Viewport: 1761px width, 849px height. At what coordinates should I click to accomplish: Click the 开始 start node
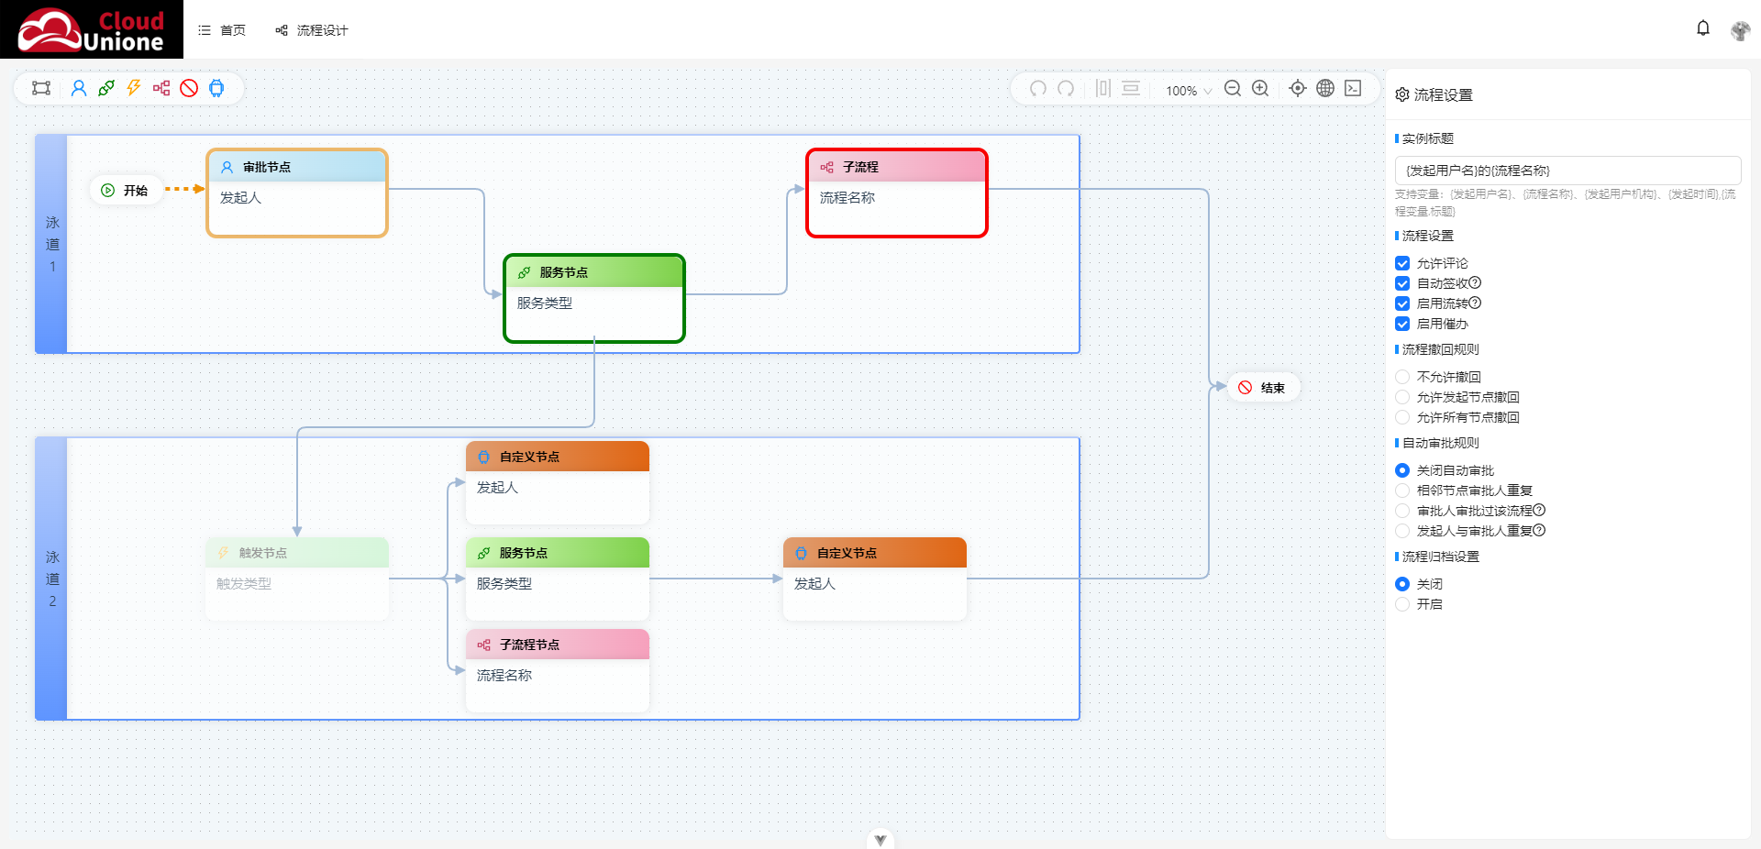click(x=125, y=191)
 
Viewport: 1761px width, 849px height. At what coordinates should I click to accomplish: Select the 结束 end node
click(x=1262, y=388)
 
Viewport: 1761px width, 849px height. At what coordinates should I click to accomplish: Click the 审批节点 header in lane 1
click(x=297, y=167)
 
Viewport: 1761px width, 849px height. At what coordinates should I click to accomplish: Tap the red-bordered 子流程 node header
click(x=897, y=167)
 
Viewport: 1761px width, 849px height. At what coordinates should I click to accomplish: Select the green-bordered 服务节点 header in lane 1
click(x=594, y=272)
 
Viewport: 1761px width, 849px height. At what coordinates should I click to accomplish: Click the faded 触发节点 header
click(x=297, y=553)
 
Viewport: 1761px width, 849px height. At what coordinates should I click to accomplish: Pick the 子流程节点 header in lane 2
click(x=558, y=645)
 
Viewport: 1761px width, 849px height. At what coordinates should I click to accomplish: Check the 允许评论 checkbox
click(x=1402, y=263)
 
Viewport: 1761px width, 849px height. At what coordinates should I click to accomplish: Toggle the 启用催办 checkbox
click(x=1402, y=324)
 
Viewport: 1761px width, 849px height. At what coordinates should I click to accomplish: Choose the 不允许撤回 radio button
click(x=1402, y=377)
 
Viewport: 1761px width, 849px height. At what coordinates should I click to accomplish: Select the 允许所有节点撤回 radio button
click(x=1402, y=417)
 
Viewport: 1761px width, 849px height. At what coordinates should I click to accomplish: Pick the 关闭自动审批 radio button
click(x=1402, y=470)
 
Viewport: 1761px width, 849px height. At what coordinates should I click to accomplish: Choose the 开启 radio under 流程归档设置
click(x=1402, y=604)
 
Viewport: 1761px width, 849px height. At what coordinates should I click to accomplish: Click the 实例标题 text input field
click(x=1567, y=171)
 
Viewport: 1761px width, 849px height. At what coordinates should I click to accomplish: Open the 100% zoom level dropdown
click(x=1189, y=91)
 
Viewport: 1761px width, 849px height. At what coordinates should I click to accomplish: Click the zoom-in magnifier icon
click(x=1260, y=88)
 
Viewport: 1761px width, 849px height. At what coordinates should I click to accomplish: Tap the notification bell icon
click(x=1703, y=28)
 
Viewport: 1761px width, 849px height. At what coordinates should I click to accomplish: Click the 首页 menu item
click(x=222, y=30)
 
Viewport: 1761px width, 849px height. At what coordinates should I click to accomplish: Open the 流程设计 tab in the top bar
click(x=312, y=30)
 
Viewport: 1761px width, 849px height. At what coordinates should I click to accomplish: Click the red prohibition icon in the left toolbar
click(x=189, y=88)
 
